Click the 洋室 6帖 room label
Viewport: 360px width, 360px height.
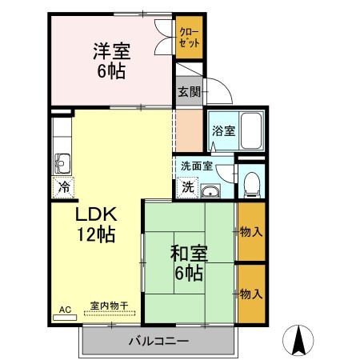112,60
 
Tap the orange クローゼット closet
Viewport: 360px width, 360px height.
190,38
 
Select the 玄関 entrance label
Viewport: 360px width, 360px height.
189,91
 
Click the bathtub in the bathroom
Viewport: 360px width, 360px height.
252,130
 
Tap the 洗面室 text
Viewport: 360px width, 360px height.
196,166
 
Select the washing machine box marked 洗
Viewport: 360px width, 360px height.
187,189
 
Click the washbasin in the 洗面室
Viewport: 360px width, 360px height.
211,190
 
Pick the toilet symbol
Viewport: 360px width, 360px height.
252,183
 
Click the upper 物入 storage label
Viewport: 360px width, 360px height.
251,232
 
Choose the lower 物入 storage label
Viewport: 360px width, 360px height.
251,294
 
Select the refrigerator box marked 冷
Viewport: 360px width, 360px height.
63,188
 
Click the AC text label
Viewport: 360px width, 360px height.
65,308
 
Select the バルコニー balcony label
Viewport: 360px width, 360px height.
158,342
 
